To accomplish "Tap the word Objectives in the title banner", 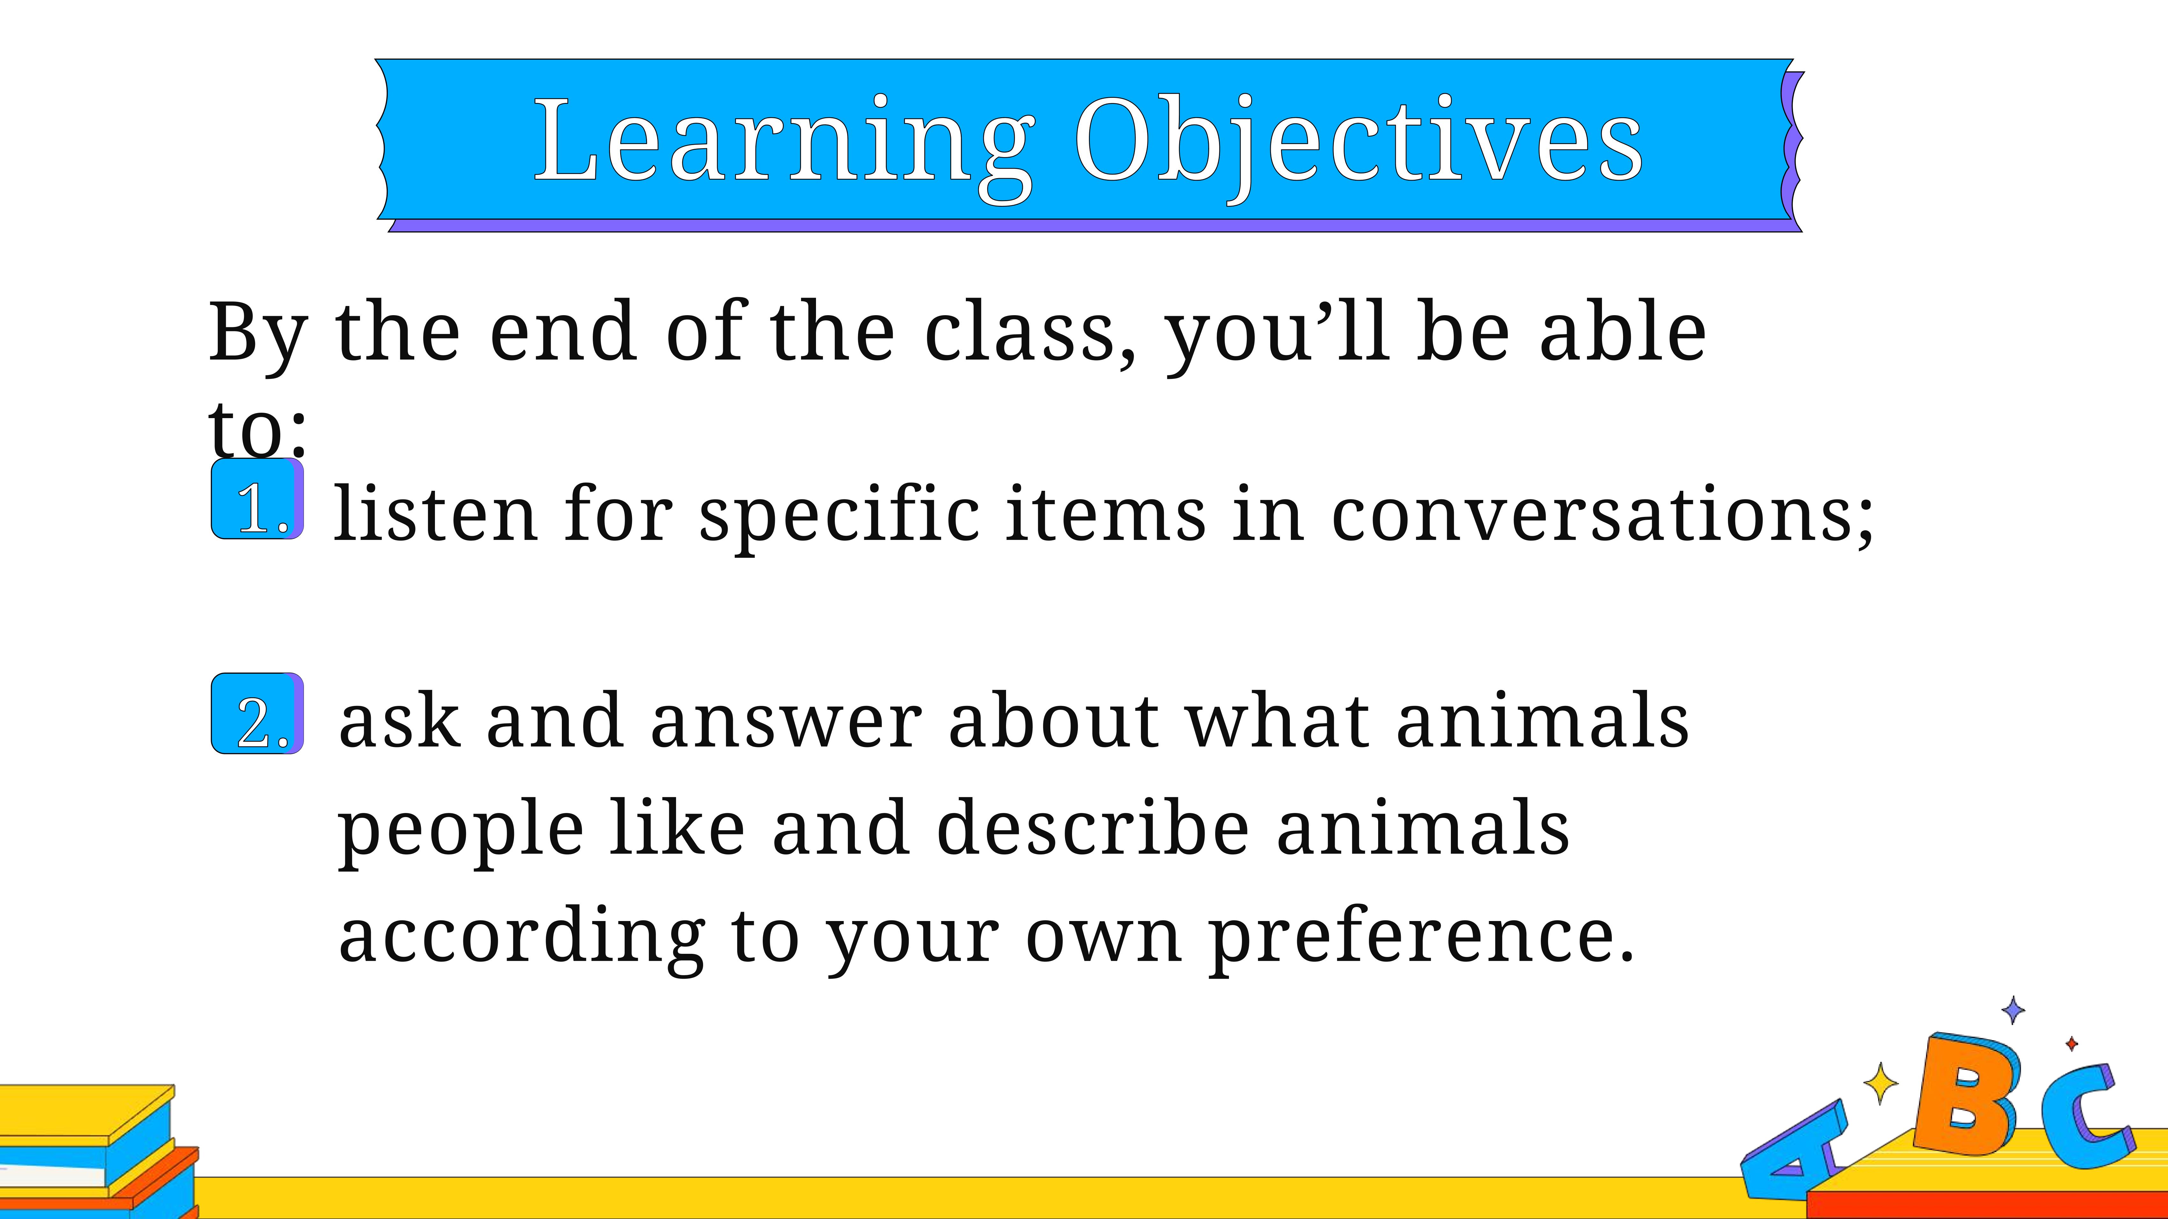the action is pos(1358,143).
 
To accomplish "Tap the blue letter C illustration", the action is pos(2085,1115).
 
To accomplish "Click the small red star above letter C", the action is pos(2071,1044).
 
